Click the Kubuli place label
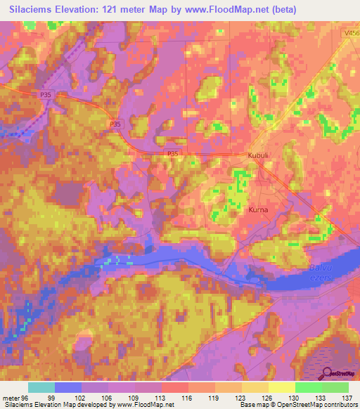click(x=259, y=155)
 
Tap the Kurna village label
click(x=259, y=209)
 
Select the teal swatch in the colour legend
click(x=41, y=387)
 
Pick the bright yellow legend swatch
click(x=281, y=387)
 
